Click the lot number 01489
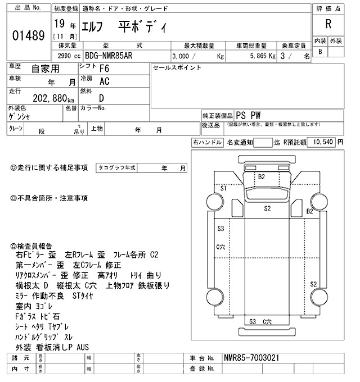28,35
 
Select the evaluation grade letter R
328,24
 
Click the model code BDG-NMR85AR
112,56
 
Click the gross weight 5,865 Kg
258,56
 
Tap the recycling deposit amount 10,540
322,142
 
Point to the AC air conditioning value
104,81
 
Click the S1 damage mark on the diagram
223,188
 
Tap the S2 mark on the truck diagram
268,208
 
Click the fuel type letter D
101,96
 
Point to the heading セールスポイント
177,67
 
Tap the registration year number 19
59,24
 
